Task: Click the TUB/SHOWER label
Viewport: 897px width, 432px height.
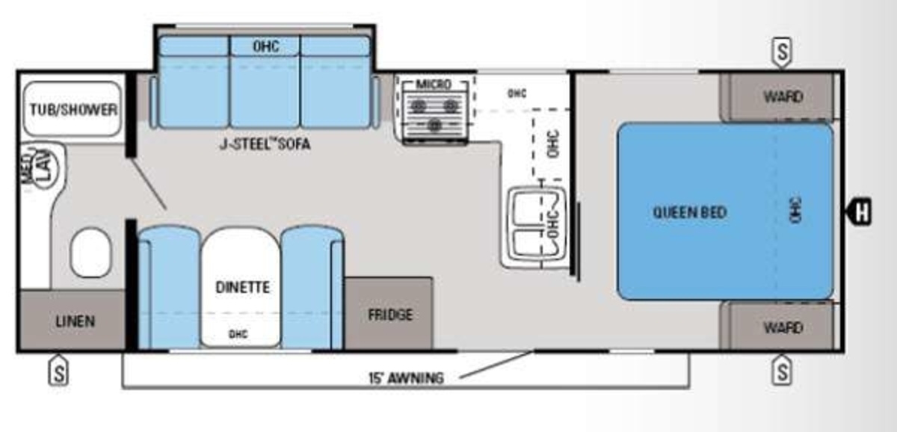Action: pyautogui.click(x=74, y=110)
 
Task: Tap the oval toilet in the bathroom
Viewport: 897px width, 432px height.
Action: pyautogui.click(x=91, y=253)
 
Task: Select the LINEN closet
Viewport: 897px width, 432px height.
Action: pyautogui.click(x=73, y=320)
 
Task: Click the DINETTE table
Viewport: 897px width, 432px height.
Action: pyautogui.click(x=240, y=287)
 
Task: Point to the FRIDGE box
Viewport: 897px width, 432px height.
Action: pyautogui.click(x=389, y=313)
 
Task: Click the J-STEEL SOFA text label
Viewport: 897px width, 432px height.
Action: pyautogui.click(x=265, y=144)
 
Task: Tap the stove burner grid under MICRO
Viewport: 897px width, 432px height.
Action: pyautogui.click(x=434, y=114)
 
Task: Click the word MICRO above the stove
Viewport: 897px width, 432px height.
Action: pyautogui.click(x=434, y=84)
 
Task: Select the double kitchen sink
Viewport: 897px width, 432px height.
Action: pyautogui.click(x=537, y=223)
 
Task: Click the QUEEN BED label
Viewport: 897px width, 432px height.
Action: pyautogui.click(x=689, y=212)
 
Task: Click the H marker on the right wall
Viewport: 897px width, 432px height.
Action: pyautogui.click(x=860, y=212)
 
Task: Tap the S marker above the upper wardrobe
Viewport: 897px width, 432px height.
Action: pyautogui.click(x=782, y=52)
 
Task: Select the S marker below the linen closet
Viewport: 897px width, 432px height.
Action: pyautogui.click(x=58, y=371)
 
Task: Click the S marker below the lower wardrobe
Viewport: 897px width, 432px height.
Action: pyautogui.click(x=782, y=371)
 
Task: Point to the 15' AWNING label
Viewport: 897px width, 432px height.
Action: pyautogui.click(x=406, y=378)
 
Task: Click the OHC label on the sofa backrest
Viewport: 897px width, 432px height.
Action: pyautogui.click(x=266, y=46)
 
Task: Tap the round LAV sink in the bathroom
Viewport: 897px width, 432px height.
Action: pyautogui.click(x=46, y=170)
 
